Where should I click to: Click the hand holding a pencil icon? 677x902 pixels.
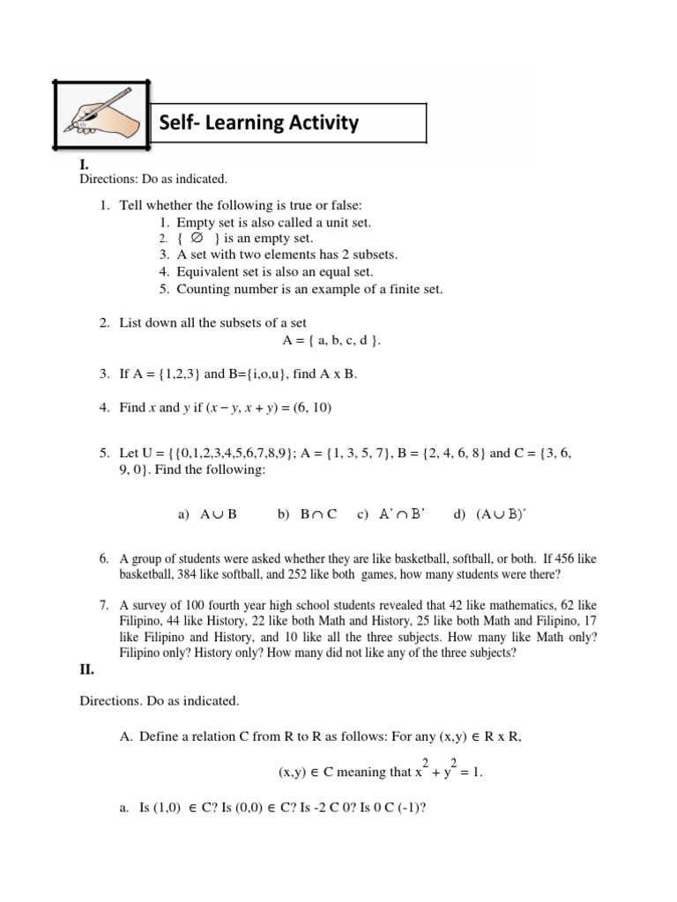pyautogui.click(x=101, y=115)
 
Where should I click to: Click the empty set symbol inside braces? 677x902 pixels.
pyautogui.click(x=196, y=238)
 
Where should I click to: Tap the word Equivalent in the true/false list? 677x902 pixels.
pyautogui.click(x=207, y=272)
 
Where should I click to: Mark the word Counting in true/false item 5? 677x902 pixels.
pyautogui.click(x=202, y=289)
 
